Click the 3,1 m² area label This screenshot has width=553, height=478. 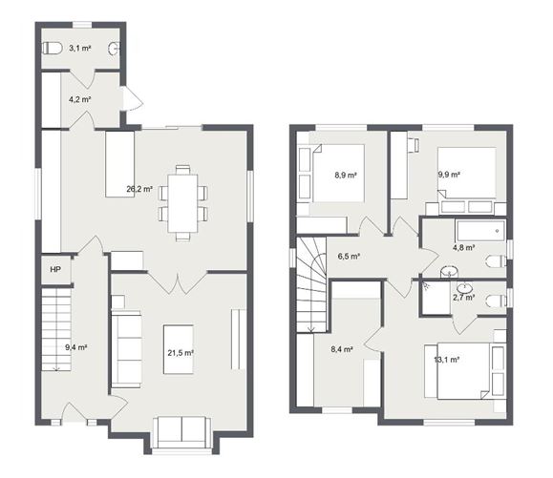pos(80,48)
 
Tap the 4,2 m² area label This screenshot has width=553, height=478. pos(79,98)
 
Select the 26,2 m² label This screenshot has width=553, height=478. pos(140,189)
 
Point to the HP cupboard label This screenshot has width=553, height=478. pos(53,269)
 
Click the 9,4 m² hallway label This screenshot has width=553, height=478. pos(75,347)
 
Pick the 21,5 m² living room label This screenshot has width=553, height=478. pos(179,352)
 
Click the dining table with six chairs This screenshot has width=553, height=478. pos(182,200)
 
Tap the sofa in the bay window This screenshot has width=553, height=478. pos(181,430)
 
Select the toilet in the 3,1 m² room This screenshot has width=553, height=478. pos(53,48)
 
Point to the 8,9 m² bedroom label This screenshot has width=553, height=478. pos(345,175)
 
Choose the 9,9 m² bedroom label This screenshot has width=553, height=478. pos(449,175)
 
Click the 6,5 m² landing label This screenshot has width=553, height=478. pos(350,256)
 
